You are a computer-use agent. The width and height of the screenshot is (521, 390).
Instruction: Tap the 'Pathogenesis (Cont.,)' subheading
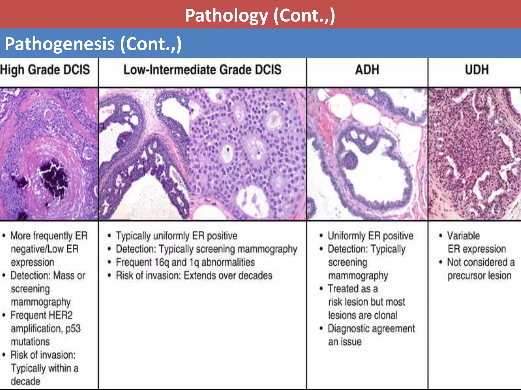(x=93, y=44)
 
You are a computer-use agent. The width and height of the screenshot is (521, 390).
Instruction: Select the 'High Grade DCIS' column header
(x=45, y=70)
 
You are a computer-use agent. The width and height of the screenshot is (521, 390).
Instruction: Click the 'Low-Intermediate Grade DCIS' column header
(x=202, y=70)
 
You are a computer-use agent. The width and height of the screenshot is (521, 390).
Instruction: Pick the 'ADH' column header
(x=367, y=70)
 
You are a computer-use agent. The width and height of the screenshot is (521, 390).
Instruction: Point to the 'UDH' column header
(x=477, y=70)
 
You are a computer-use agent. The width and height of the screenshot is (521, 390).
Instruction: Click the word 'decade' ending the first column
(x=25, y=381)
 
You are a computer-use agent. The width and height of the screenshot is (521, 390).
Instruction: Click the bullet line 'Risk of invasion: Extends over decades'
(x=194, y=275)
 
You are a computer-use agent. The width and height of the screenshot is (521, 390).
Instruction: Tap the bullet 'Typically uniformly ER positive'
(x=176, y=236)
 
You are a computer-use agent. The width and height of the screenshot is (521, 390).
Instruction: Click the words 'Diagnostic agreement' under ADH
(x=371, y=329)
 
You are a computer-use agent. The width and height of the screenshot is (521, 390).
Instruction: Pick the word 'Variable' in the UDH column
(x=464, y=236)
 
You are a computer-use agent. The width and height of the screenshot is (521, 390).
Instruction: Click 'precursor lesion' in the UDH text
(x=479, y=275)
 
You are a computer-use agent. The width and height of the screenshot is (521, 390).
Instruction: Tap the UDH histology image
(x=474, y=154)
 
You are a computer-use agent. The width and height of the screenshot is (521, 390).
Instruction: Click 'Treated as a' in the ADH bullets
(x=353, y=289)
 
